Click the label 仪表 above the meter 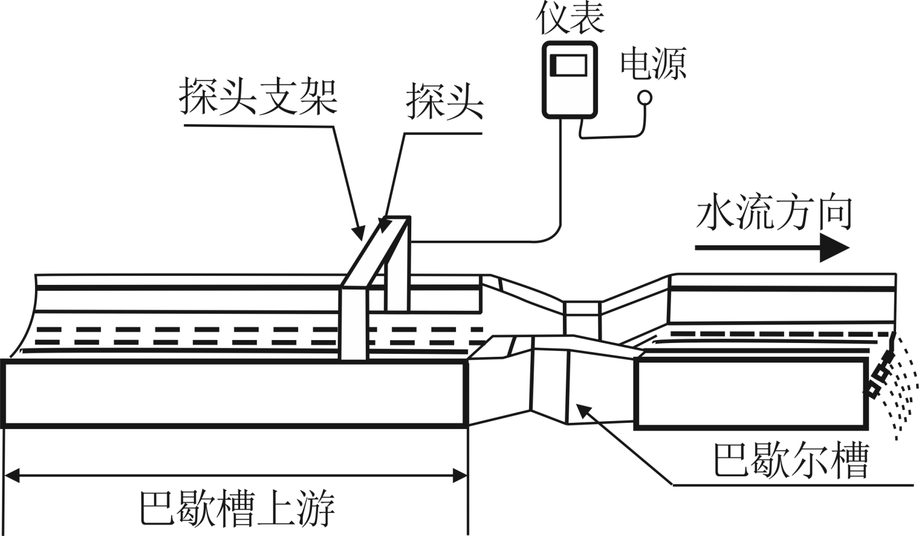tap(570, 20)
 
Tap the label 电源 tap(652, 64)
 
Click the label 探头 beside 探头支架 tap(445, 102)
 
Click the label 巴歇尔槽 tap(790, 460)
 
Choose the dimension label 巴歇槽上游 tap(237, 508)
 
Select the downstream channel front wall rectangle tap(751, 394)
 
